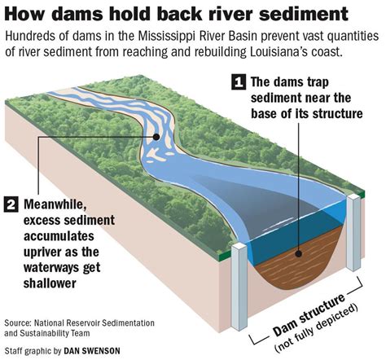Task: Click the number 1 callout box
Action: (239, 82)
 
